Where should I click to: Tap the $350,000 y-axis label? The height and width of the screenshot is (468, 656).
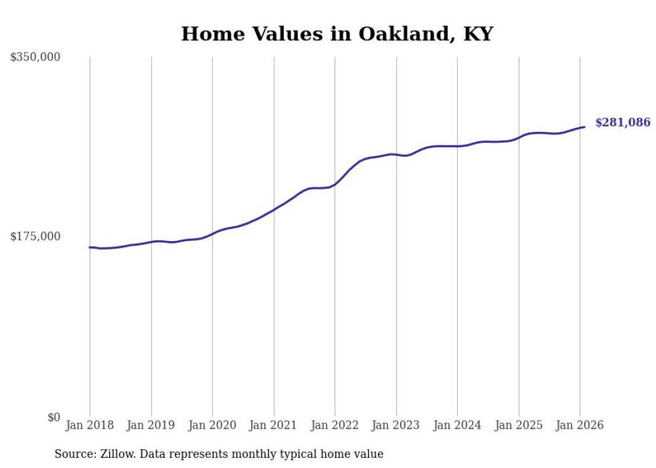pyautogui.click(x=35, y=58)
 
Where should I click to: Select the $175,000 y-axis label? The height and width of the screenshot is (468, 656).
pyautogui.click(x=35, y=236)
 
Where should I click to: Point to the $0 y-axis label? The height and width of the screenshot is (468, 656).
pyautogui.click(x=54, y=417)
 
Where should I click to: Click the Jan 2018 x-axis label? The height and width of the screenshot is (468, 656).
pyautogui.click(x=90, y=426)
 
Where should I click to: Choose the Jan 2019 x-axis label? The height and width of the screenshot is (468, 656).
pyautogui.click(x=151, y=426)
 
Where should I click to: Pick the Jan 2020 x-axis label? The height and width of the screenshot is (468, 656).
pyautogui.click(x=212, y=426)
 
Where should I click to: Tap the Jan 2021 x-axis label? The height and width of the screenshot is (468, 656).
pyautogui.click(x=274, y=426)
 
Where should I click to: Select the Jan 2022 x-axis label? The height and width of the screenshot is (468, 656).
pyautogui.click(x=335, y=426)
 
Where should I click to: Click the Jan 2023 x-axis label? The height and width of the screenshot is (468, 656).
pyautogui.click(x=396, y=426)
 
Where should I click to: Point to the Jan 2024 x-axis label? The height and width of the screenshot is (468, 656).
pyautogui.click(x=457, y=426)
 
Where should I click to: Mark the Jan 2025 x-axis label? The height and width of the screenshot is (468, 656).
pyautogui.click(x=519, y=426)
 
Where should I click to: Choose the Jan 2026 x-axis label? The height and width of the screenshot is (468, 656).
pyautogui.click(x=580, y=426)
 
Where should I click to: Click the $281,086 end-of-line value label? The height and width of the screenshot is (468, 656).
pyautogui.click(x=623, y=123)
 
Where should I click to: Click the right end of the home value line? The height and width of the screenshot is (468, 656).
pyautogui.click(x=584, y=127)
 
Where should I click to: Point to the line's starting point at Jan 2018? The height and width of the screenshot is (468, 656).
pyautogui.click(x=90, y=247)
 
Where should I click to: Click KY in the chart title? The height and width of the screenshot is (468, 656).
pyautogui.click(x=478, y=35)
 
